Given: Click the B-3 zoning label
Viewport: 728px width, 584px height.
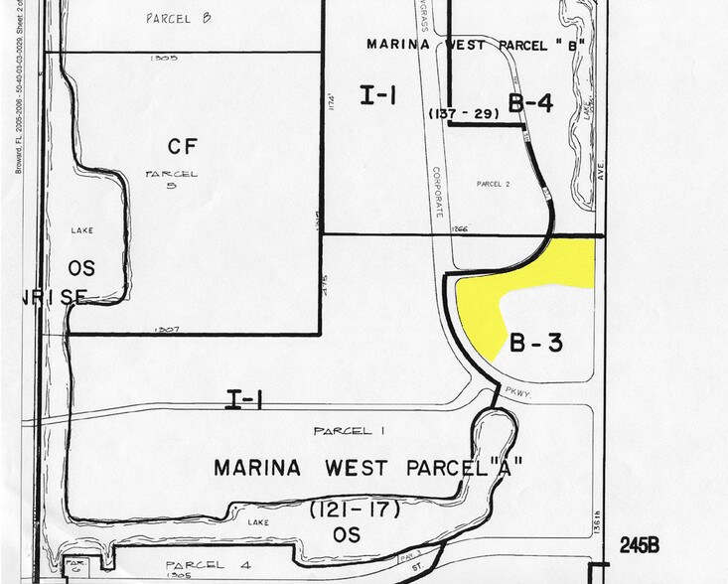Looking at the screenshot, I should click(536, 344).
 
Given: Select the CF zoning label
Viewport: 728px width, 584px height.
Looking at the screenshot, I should click(182, 147).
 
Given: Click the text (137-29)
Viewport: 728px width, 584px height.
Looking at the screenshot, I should click(463, 114).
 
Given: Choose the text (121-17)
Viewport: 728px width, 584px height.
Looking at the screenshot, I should click(355, 510).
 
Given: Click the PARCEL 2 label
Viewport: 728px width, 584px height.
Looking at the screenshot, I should click(493, 184).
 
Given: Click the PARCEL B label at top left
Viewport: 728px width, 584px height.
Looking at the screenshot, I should click(174, 18).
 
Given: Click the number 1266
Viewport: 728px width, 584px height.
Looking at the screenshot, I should click(459, 228).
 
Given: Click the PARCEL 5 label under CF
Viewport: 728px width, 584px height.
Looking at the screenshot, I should click(172, 180).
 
